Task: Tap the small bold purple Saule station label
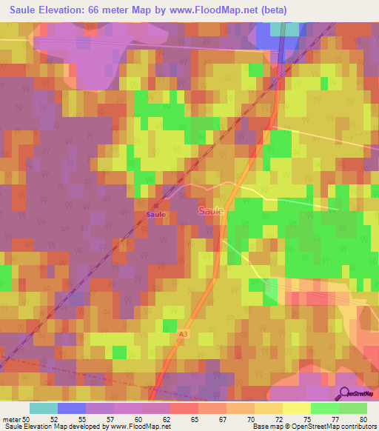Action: click(x=155, y=214)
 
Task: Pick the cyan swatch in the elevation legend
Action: click(x=44, y=407)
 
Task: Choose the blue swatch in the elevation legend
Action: click(x=72, y=407)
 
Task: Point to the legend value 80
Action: click(x=363, y=418)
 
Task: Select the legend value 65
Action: click(x=193, y=418)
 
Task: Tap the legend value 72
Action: click(x=278, y=418)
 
